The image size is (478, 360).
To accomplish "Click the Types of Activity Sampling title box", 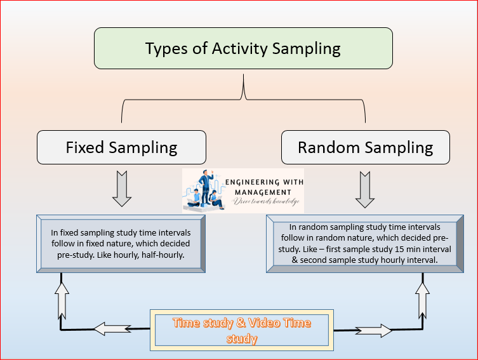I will click(243, 48).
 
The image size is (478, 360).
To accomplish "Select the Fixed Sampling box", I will click(121, 147).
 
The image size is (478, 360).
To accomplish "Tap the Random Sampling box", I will click(366, 147).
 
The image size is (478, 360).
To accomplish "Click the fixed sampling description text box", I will click(121, 244).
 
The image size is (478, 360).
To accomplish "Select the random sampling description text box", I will click(365, 244).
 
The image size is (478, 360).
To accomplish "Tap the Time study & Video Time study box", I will click(242, 330).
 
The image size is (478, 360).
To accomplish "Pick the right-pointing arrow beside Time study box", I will click(374, 330).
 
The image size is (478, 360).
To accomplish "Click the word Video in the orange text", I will click(262, 323).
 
